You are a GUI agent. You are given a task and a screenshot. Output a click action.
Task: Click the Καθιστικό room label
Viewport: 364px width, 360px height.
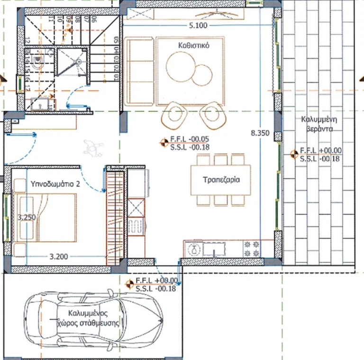click(195, 46)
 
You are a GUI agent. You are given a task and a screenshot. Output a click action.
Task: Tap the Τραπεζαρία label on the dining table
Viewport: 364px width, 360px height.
click(221, 180)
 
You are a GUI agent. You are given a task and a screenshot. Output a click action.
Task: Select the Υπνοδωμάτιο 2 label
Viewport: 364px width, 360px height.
click(55, 184)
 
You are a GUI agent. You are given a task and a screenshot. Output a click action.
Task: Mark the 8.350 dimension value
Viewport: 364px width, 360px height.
click(260, 133)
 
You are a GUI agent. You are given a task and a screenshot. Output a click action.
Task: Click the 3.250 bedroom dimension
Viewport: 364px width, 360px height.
click(27, 217)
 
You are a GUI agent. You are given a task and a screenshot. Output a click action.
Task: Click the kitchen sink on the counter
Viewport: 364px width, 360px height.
click(218, 249)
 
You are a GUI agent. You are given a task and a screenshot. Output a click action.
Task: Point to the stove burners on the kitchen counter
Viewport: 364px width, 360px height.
click(252, 249)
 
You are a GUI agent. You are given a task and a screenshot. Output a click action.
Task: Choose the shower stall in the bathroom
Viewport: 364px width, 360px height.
click(72, 62)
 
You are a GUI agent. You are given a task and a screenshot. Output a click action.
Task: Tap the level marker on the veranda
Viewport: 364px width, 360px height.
click(293, 154)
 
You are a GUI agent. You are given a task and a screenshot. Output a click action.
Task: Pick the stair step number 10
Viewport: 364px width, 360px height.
click(61, 19)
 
